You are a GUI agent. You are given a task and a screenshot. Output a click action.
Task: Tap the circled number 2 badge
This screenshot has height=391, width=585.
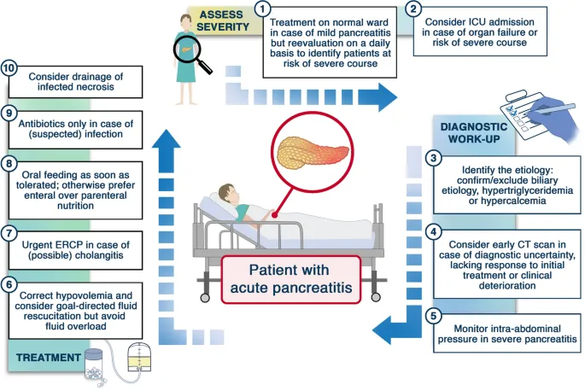pos(414,9)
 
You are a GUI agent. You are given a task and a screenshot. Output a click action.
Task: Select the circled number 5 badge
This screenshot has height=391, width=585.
pos(433,316)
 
